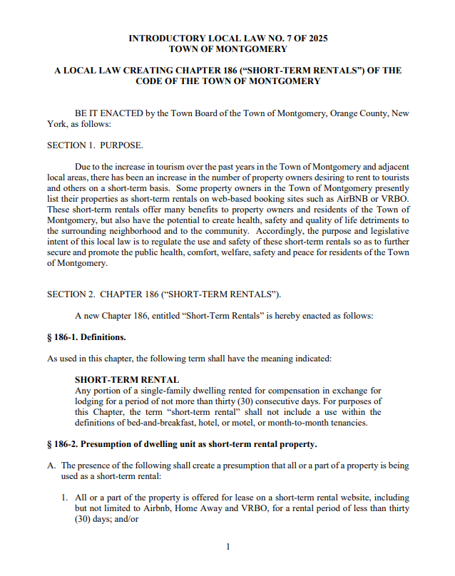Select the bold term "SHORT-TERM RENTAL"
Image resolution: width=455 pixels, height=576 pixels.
[127, 380]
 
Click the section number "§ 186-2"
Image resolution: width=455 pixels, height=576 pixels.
[65, 444]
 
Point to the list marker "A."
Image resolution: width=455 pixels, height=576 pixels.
[51, 466]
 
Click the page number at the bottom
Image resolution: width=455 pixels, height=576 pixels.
[227, 547]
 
